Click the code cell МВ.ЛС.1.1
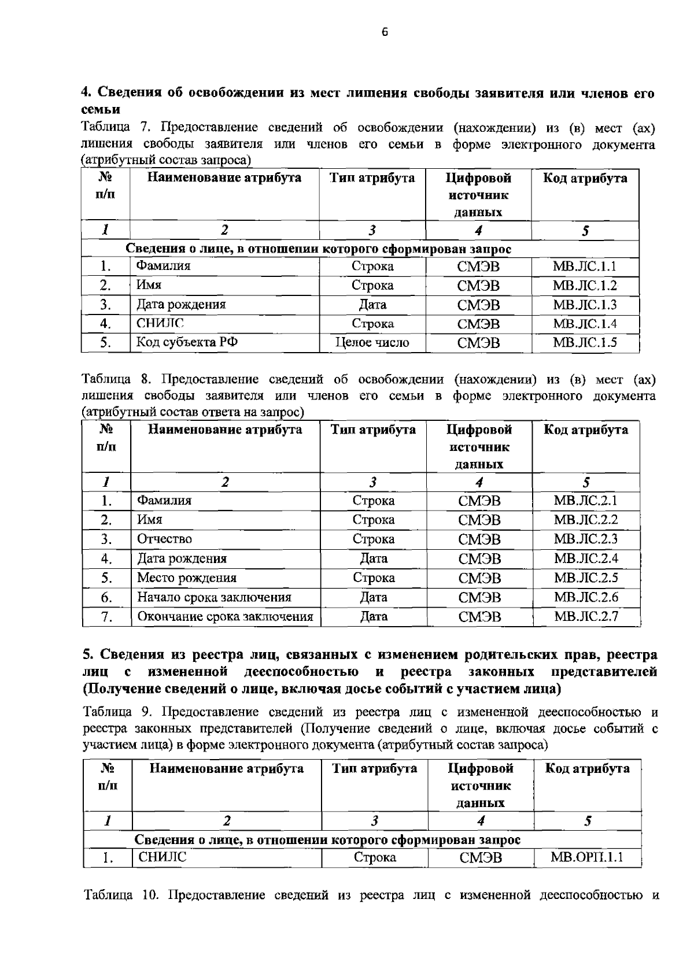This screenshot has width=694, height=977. coord(585,266)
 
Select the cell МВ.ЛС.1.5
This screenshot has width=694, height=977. coord(585,342)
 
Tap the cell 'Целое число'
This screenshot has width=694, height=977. coord(372,342)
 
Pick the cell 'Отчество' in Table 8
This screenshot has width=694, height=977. coord(164,539)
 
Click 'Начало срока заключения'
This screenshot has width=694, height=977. coord(214,597)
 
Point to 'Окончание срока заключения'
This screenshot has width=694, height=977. coord(225,616)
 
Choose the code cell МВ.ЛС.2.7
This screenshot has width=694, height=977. coord(586,616)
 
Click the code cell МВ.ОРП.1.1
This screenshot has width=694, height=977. coord(587,857)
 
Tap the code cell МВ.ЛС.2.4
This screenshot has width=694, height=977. coord(586,558)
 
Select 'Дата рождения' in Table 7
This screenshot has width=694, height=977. coord(181,304)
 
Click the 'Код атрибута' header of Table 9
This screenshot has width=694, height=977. coord(587,768)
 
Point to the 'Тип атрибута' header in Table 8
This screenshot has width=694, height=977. coord(373,430)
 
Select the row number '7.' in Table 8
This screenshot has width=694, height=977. coord(106,616)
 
